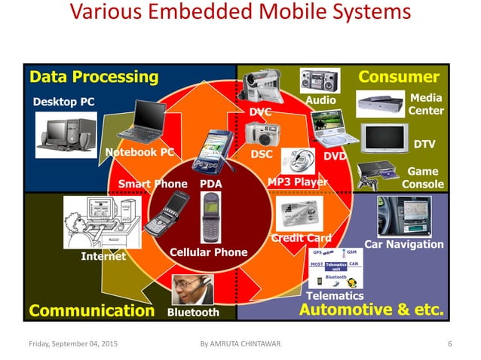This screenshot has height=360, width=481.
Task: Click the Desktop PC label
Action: click(64, 102)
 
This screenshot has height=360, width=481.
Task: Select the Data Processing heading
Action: click(93, 77)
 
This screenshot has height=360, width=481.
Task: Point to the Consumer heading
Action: click(399, 77)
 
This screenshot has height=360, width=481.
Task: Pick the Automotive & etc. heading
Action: click(372, 310)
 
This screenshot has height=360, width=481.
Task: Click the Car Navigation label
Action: click(404, 244)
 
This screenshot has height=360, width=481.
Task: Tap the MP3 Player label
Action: click(298, 182)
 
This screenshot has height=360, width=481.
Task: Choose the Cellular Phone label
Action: click(209, 252)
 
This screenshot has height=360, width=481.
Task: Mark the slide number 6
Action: click(449, 344)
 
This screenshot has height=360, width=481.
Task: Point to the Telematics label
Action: click(335, 296)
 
